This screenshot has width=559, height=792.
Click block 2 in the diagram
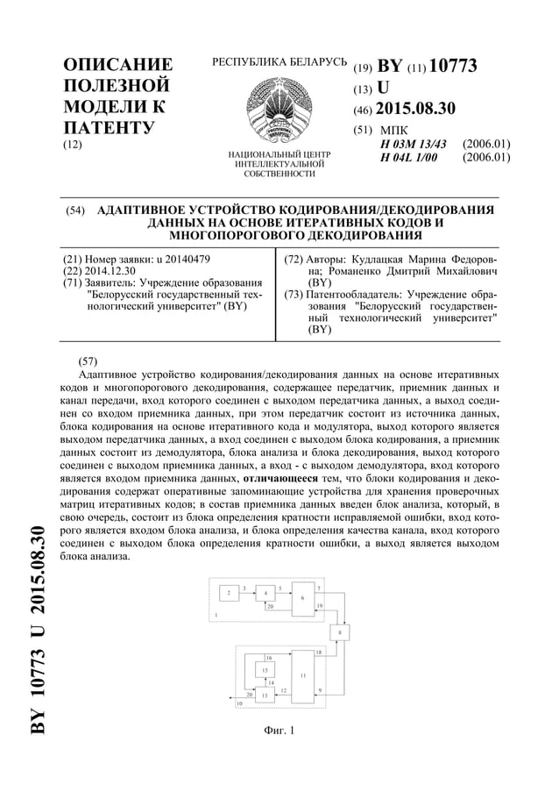coord(229,594)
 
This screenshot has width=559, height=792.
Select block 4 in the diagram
coord(265,594)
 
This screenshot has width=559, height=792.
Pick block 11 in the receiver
coord(302,676)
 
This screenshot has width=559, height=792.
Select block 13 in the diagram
coord(265,695)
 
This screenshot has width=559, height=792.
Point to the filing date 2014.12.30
coord(110,271)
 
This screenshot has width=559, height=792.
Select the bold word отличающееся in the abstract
coord(279,480)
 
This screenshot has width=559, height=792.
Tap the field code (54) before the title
coord(76,211)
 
